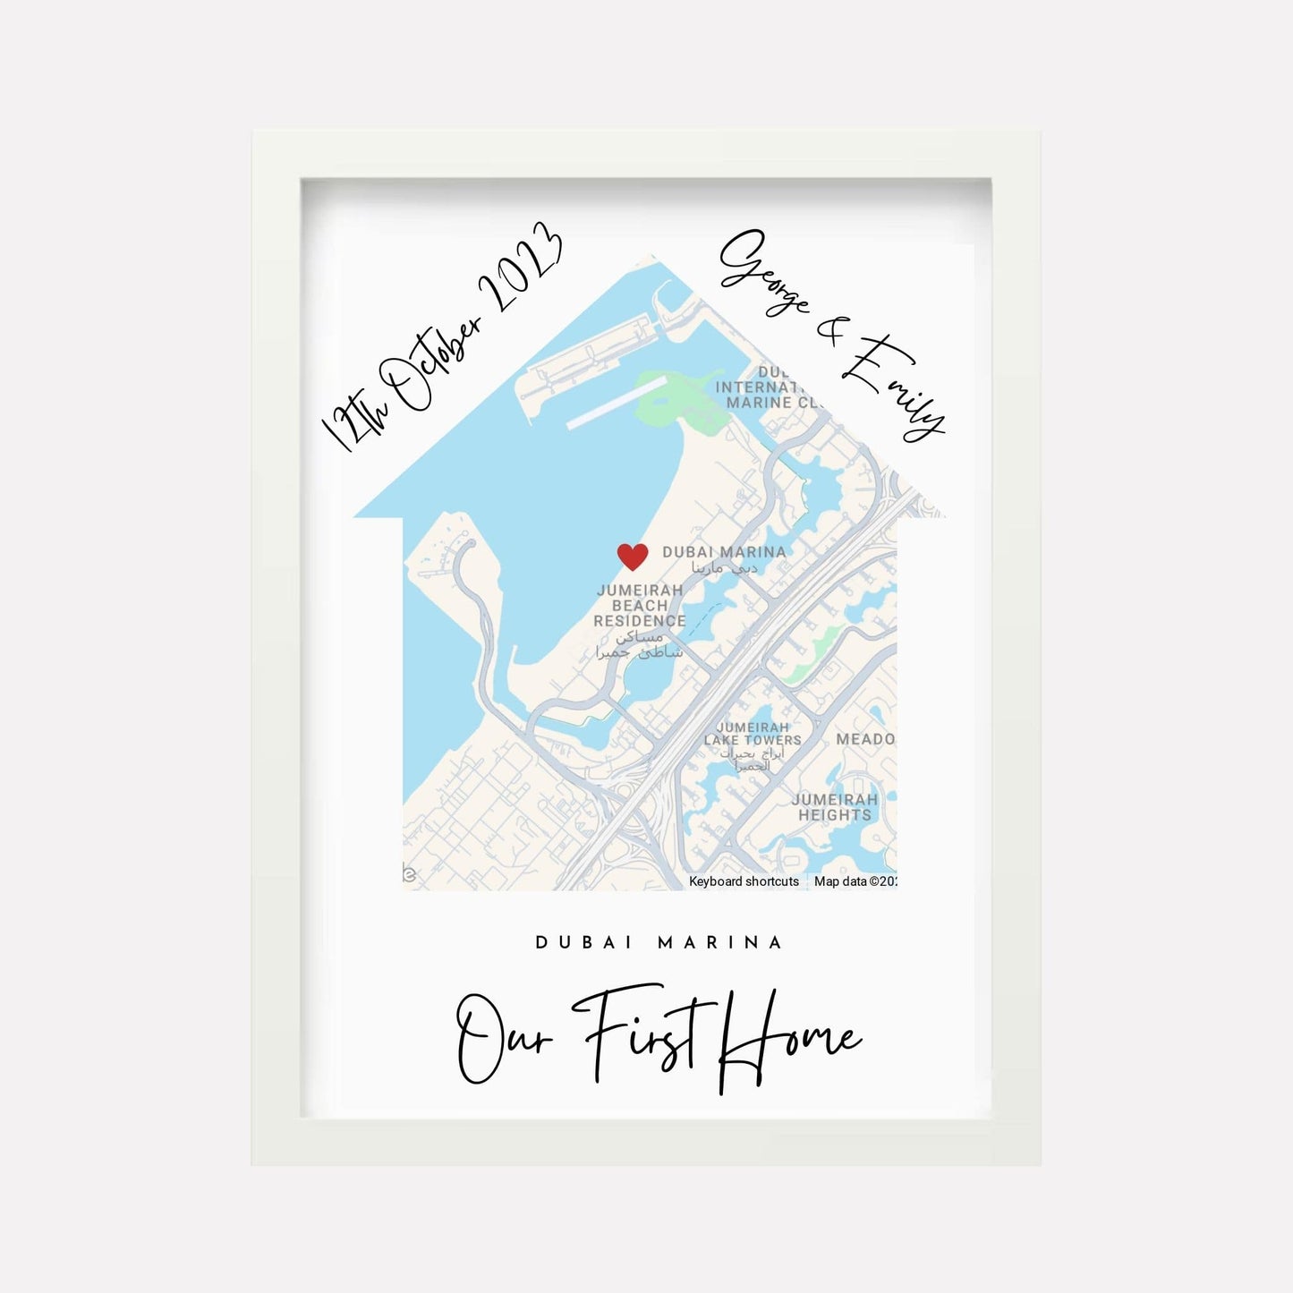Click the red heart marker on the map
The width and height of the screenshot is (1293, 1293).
633,557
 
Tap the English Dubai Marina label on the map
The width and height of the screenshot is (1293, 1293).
724,552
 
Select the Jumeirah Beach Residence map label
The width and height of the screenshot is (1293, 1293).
640,606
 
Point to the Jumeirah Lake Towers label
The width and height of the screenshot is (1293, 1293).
753,734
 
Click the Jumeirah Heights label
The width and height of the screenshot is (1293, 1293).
835,807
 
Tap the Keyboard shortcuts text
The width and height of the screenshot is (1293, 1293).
744,881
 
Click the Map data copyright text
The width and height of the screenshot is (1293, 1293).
855,881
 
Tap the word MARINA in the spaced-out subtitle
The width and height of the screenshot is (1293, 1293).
720,942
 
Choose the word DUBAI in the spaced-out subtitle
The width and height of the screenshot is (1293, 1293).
583,942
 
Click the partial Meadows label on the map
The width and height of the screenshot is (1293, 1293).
864,739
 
